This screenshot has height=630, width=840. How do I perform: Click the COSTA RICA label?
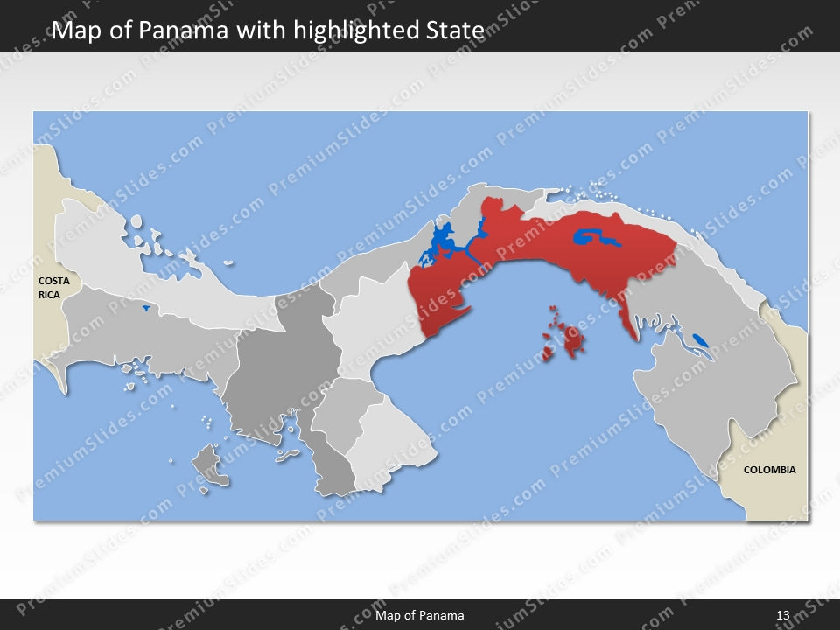[53, 288]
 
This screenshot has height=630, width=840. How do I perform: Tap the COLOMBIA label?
[769, 470]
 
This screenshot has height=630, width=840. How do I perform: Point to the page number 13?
[782, 615]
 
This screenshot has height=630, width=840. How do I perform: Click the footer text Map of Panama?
[420, 615]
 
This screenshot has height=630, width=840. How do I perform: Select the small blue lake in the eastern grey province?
[700, 339]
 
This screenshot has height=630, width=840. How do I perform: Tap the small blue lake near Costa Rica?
[144, 308]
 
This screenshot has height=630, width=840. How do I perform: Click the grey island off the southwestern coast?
[210, 464]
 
